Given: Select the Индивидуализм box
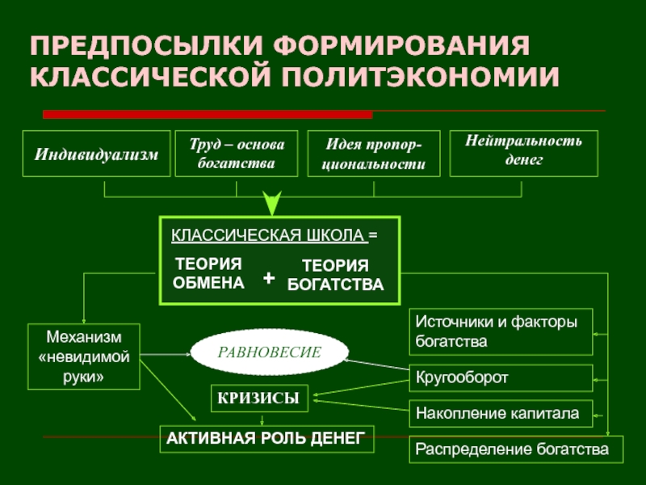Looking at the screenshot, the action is [96, 154].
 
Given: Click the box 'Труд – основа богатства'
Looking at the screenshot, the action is [237, 154].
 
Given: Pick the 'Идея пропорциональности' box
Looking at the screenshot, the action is [373, 154].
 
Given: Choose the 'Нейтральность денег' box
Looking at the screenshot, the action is [523, 152].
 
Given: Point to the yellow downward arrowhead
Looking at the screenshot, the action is [273, 203].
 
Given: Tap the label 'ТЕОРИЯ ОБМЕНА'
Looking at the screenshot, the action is [208, 273].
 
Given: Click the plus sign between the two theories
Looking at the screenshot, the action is [269, 279].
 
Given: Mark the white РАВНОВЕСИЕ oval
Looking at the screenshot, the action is [270, 352].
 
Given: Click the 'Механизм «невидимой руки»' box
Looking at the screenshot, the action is [83, 355].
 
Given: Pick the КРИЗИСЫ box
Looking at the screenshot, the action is [259, 397].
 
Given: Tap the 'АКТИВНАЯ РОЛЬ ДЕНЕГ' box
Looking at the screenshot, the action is [266, 439].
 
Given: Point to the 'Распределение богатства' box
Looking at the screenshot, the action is [517, 448].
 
